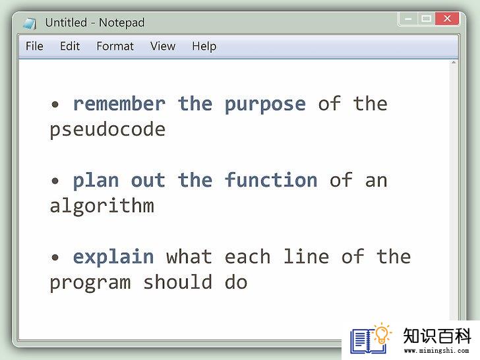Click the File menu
[34, 46]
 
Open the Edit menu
[70, 46]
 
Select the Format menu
[115, 46]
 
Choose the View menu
[163, 46]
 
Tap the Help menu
[204, 47]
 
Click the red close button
[447, 18]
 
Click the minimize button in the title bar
[408, 19]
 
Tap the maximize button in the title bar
[426, 19]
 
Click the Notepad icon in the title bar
[30, 23]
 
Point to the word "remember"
[119, 104]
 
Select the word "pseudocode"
[107, 130]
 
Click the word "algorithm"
[102, 206]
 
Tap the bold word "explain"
[113, 256]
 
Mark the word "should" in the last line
[178, 282]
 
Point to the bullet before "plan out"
[55, 181]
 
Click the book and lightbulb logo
[371, 338]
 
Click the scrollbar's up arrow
[454, 63]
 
